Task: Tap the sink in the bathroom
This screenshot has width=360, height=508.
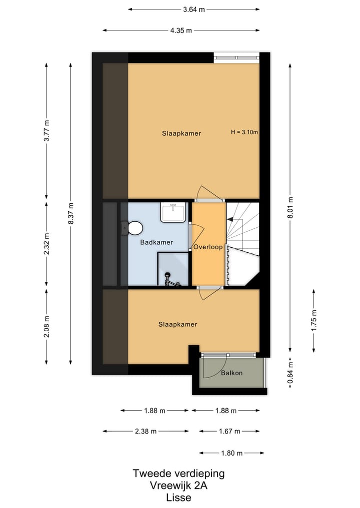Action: pos(173,212)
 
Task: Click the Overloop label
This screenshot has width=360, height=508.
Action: pos(208,247)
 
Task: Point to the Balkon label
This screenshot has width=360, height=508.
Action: pos(231,373)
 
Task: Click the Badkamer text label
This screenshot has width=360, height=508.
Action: pos(156,242)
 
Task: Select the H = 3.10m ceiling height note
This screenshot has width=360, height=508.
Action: pos(244,132)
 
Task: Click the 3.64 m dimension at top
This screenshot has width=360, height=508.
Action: pos(193,9)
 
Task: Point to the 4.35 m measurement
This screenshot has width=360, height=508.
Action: pos(181,30)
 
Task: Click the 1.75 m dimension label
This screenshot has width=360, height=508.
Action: pos(314,320)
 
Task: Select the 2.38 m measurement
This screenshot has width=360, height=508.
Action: pos(146,432)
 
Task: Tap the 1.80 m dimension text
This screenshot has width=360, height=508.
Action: pos(231,453)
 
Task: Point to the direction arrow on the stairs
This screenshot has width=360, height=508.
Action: pos(230,219)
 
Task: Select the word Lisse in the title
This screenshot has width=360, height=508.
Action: pos(178,497)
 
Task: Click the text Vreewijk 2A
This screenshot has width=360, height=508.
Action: pos(178,485)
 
